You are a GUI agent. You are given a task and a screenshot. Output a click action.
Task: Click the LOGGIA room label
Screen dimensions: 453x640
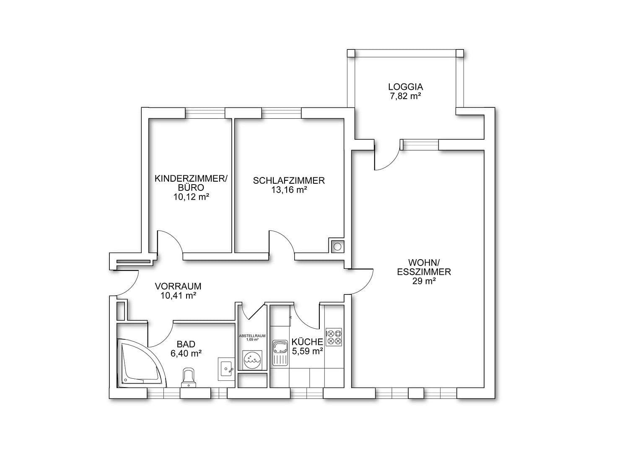pos(405,87)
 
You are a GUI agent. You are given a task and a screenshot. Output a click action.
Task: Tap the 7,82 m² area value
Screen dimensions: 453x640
pos(405,96)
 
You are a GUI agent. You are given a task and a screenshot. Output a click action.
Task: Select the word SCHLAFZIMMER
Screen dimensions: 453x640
pos(289,181)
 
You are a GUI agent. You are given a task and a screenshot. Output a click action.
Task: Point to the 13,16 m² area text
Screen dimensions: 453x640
pos(289,190)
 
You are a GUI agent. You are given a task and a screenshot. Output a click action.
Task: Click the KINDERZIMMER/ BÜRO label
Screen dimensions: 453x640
pos(191,183)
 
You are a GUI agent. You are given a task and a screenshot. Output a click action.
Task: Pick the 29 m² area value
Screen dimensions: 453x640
pos(424,281)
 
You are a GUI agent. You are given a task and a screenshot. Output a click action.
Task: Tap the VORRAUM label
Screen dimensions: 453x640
pos(178,286)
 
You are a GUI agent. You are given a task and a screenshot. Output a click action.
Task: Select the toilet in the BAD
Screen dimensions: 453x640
pos(189,377)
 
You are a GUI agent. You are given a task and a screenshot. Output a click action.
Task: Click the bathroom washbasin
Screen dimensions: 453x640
pos(227,369)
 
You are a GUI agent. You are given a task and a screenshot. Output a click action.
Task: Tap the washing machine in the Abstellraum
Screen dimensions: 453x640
pos(252,360)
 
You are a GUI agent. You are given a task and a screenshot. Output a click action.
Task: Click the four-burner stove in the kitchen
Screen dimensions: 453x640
pos(334,337)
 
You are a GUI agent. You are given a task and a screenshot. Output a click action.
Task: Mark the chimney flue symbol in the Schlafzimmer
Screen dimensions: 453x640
pos(337,246)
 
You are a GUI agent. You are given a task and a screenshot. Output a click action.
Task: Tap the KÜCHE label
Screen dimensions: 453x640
pos(307,342)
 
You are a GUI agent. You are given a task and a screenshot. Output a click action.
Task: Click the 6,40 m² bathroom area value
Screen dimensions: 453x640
pos(187,354)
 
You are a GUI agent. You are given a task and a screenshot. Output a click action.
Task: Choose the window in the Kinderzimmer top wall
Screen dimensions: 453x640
pos(205,113)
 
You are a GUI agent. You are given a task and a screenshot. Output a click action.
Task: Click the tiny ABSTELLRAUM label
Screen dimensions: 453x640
pos(252,336)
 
